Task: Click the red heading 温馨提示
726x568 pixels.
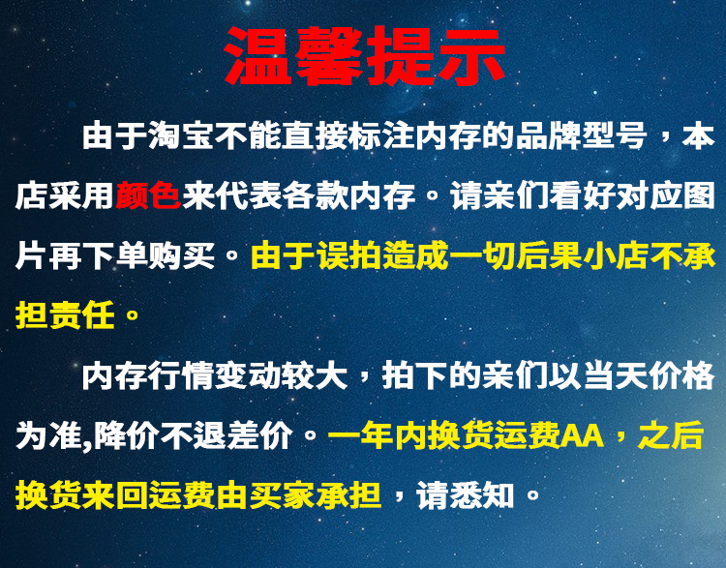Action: pos(364,56)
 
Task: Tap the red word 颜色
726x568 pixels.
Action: pos(148,195)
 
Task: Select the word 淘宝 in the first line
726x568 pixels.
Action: pos(182,136)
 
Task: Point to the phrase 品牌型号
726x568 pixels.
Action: pos(581,136)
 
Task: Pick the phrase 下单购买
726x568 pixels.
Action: pos(148,256)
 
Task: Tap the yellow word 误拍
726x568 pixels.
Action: pos(349,256)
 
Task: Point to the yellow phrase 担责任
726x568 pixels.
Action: pos(65,315)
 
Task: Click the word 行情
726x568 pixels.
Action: pos(182,375)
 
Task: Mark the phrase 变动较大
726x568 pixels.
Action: pos(282,375)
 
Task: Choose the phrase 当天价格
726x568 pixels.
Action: pos(649,375)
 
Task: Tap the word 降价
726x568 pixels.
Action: pos(126,435)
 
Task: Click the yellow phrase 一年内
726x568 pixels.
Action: pos(378,435)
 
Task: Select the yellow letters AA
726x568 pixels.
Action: pos(583,435)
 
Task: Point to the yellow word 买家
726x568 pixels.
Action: pos(282,495)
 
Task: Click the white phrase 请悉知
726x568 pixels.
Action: pos(466,495)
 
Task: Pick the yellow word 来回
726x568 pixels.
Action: pos(115,495)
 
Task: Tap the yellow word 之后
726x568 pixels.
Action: pos(671,435)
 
